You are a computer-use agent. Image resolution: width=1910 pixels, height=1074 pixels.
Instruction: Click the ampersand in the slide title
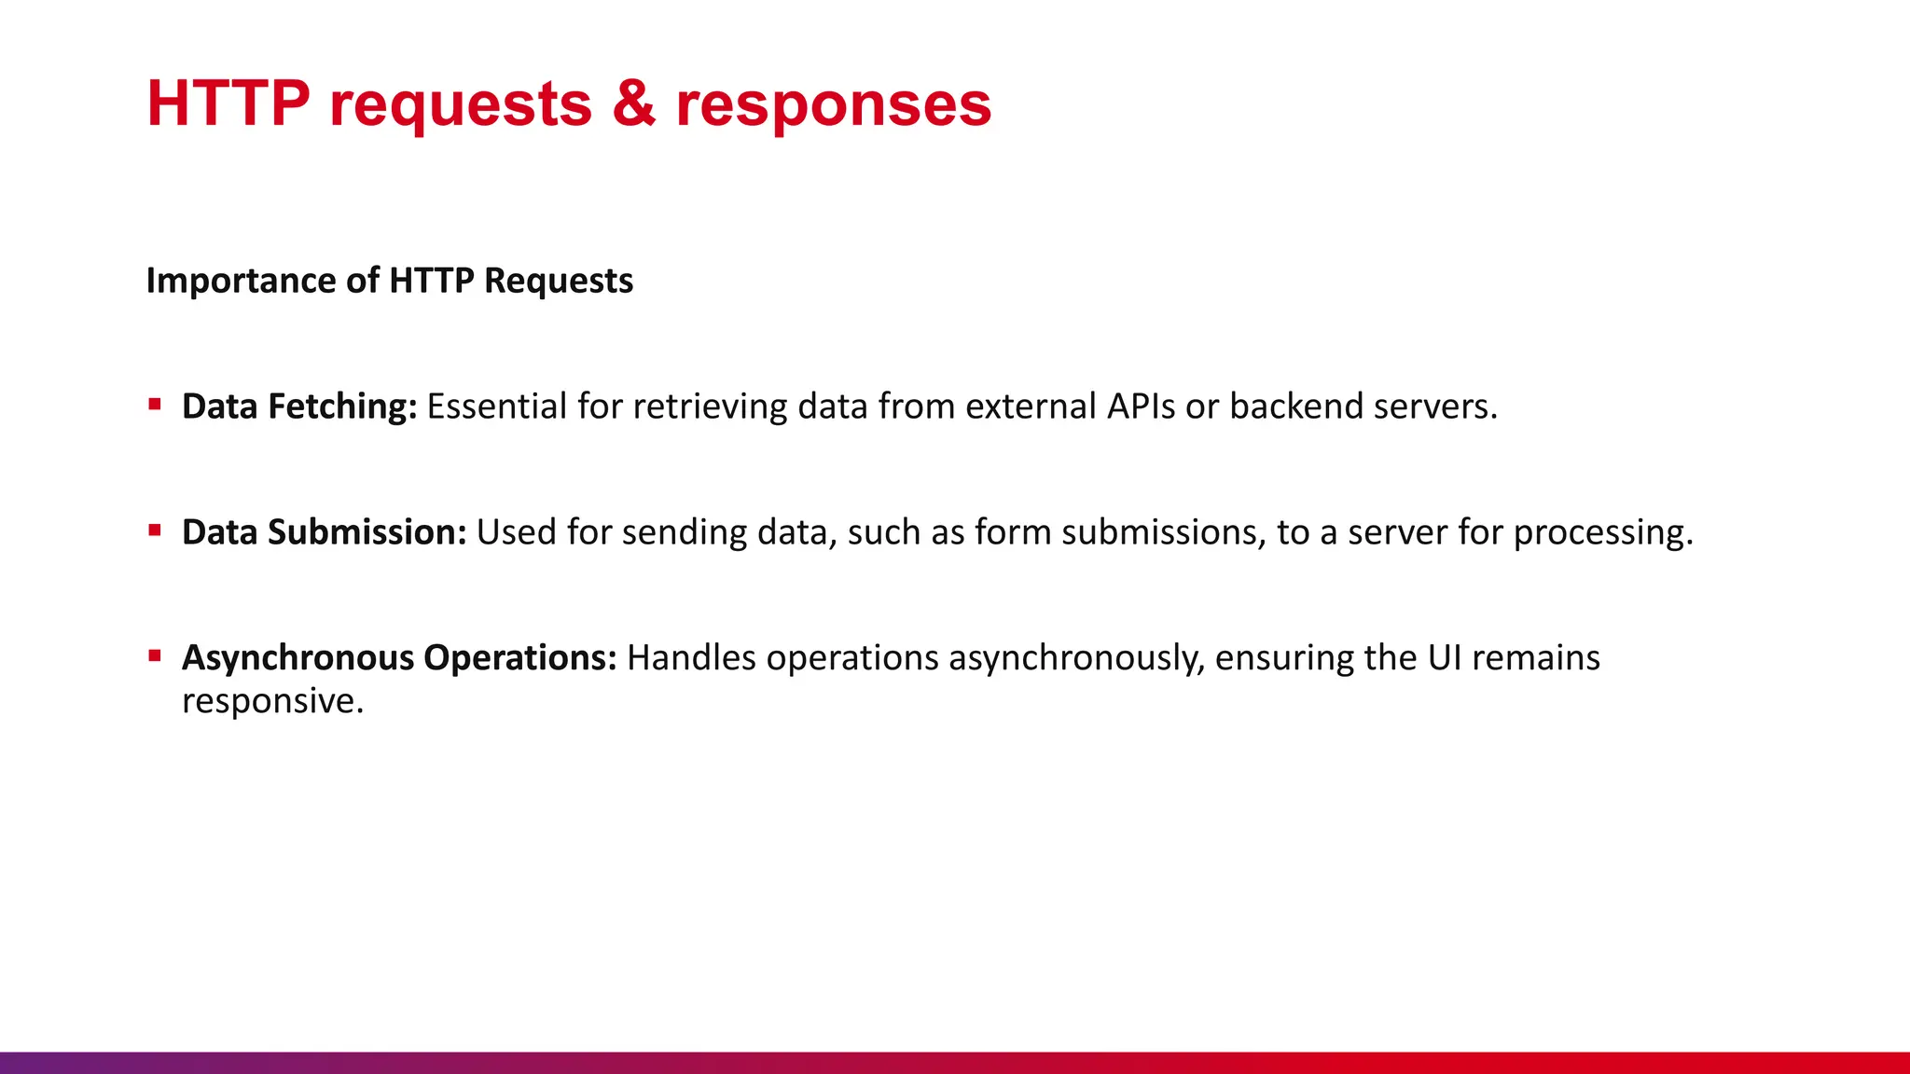634,103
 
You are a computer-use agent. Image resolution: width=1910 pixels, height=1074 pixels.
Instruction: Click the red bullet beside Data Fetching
155,405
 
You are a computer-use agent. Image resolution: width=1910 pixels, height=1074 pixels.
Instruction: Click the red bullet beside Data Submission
155,530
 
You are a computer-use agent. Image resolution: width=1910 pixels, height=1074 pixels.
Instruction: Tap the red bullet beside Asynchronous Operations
155,656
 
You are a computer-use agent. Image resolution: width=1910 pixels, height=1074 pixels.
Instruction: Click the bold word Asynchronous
298,658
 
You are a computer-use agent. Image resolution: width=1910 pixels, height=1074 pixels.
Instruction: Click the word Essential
496,406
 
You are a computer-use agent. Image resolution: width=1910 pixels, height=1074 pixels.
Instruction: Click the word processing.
1602,533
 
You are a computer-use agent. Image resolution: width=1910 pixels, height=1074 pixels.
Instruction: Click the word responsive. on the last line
272,701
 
